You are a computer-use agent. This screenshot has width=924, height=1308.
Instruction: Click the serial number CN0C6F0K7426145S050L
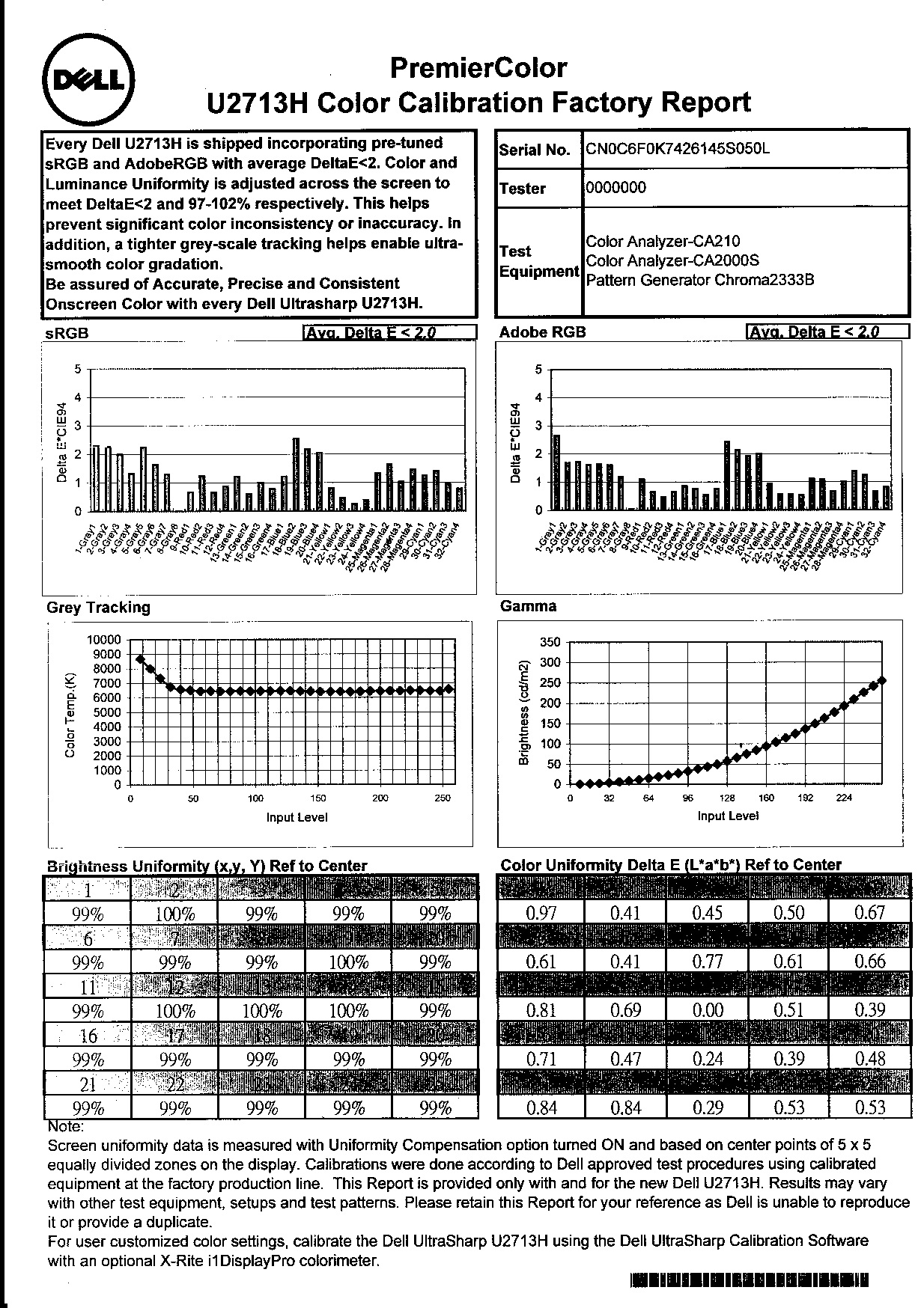click(x=677, y=148)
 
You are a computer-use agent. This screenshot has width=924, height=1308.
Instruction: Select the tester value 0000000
click(x=615, y=187)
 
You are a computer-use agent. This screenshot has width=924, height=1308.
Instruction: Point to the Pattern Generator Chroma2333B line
click(x=699, y=281)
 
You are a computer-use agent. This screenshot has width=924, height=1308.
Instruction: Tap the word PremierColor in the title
click(x=478, y=68)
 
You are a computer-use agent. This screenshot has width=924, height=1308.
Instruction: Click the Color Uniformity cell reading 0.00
click(x=707, y=1010)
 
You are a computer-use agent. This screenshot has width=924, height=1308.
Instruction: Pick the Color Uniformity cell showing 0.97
click(x=541, y=912)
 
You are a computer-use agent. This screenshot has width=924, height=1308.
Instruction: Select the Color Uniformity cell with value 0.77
click(x=707, y=962)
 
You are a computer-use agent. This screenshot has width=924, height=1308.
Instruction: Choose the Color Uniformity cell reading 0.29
click(x=707, y=1107)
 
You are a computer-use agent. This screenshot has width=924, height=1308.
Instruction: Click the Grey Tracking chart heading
click(x=98, y=607)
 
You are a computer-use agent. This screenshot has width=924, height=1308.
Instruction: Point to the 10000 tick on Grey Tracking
click(x=103, y=640)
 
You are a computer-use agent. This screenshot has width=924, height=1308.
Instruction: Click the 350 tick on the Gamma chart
click(x=550, y=642)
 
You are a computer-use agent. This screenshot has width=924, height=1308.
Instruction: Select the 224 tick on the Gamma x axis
click(x=844, y=798)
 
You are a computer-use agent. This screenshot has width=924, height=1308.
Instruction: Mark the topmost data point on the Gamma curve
click(x=882, y=680)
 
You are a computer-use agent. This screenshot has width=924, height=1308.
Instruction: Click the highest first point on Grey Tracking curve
click(x=140, y=659)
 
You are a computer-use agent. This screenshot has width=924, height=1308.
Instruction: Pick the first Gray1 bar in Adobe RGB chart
click(x=556, y=472)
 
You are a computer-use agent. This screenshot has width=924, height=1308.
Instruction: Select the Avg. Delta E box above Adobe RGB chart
click(x=827, y=331)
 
